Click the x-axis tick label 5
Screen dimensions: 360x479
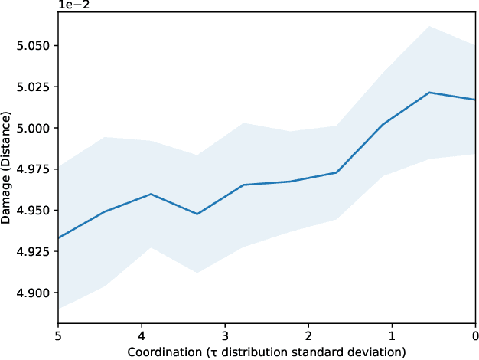58,335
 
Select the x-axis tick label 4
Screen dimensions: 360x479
142,335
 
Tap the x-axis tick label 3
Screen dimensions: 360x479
225,335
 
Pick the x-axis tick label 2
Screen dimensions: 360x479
308,335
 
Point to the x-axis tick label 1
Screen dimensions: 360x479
392,335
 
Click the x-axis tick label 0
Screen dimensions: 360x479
475,335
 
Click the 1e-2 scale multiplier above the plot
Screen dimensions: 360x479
74,6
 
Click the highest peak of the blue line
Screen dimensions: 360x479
429,93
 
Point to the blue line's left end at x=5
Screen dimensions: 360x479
58,237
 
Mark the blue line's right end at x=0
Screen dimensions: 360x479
475,100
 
